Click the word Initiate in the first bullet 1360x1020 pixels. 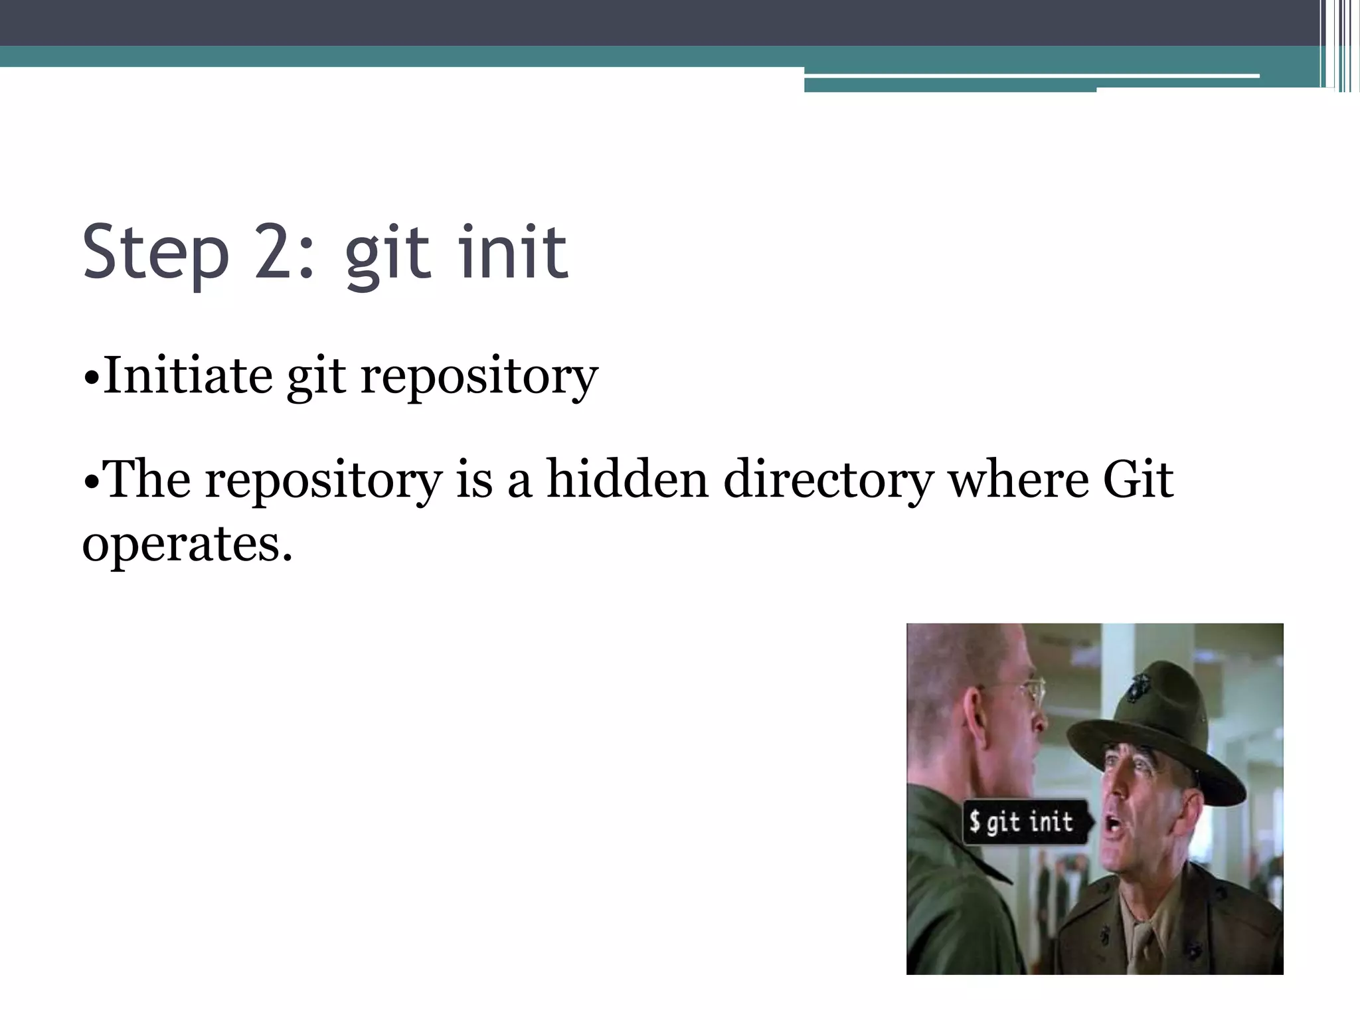click(x=187, y=376)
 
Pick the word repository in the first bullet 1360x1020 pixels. click(x=479, y=379)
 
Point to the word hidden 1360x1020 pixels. click(x=627, y=479)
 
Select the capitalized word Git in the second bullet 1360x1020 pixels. click(x=1138, y=479)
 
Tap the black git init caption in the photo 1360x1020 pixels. click(x=1026, y=822)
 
